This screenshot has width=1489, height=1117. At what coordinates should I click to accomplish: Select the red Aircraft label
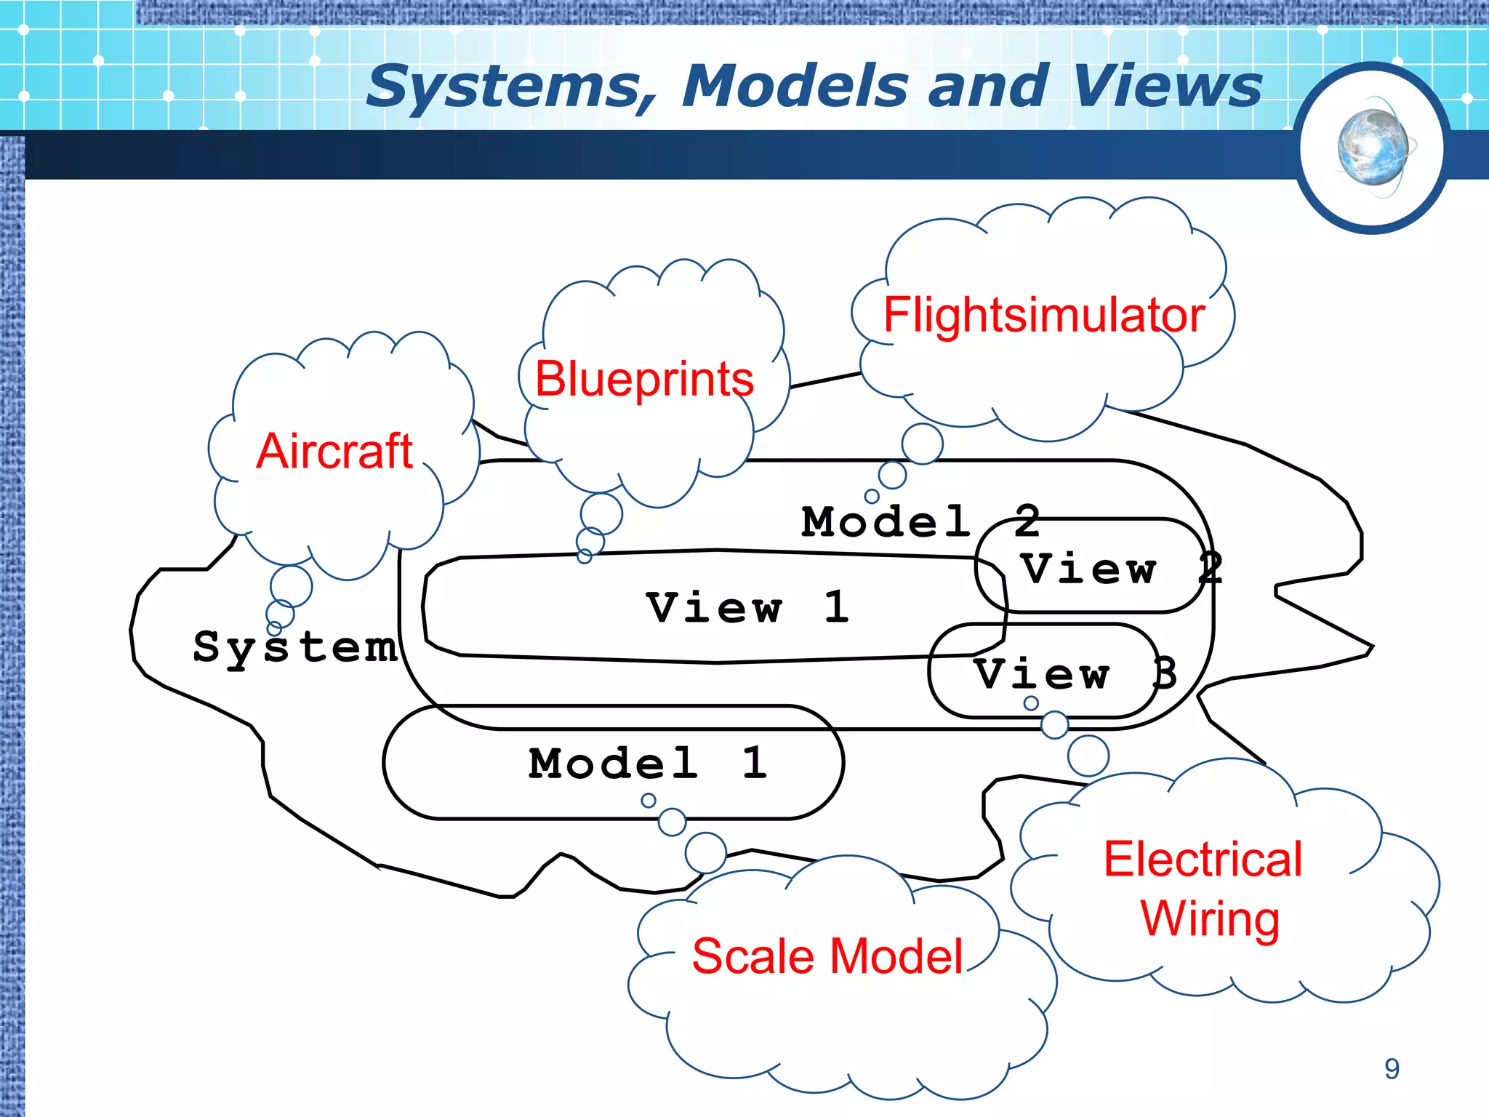click(x=334, y=451)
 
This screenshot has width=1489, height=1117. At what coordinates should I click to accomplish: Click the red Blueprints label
click(x=644, y=379)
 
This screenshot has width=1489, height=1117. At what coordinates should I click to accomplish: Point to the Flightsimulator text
click(x=1044, y=315)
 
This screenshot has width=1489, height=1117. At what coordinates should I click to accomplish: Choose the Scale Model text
click(x=827, y=956)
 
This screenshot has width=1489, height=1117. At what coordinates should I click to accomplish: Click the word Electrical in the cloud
click(x=1203, y=859)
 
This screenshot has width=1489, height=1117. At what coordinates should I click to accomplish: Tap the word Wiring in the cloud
click(x=1211, y=918)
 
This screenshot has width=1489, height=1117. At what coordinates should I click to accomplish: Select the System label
click(x=295, y=646)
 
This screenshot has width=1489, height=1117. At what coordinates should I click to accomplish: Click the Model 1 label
click(x=648, y=763)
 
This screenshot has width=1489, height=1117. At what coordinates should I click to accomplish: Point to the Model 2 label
click(x=920, y=521)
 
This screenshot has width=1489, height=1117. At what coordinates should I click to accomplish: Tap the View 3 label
click(x=1075, y=673)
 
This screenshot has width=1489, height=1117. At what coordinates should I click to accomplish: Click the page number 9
click(x=1392, y=1069)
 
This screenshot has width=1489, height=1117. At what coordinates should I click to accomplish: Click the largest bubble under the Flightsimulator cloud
click(x=922, y=444)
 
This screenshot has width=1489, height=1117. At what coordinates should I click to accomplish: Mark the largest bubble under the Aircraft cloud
click(x=291, y=586)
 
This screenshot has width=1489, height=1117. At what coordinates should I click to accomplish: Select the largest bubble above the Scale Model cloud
click(x=705, y=852)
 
